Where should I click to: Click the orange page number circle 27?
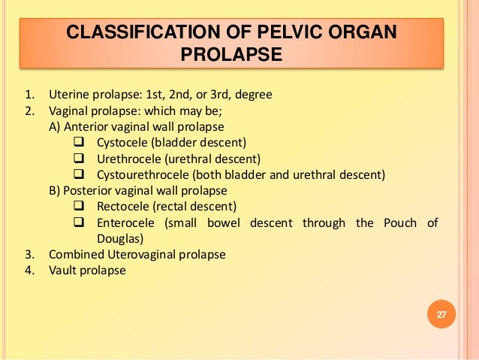pyautogui.click(x=441, y=313)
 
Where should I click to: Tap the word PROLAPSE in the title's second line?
pyautogui.click(x=231, y=55)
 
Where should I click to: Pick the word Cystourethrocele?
pyautogui.click(x=145, y=175)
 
